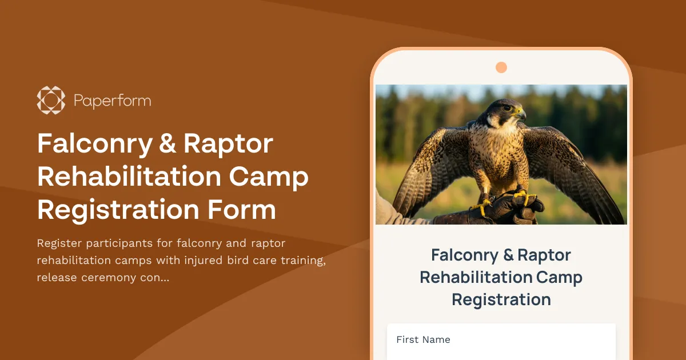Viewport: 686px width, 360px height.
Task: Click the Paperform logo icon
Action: coord(51,100)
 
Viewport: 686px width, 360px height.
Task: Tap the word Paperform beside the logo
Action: coord(113,101)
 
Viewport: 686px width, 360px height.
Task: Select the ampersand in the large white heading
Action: coord(167,144)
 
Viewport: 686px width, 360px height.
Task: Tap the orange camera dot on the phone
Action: coord(501,67)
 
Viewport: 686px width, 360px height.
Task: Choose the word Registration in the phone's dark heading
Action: coord(501,299)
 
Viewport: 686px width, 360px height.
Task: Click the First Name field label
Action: coord(423,339)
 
